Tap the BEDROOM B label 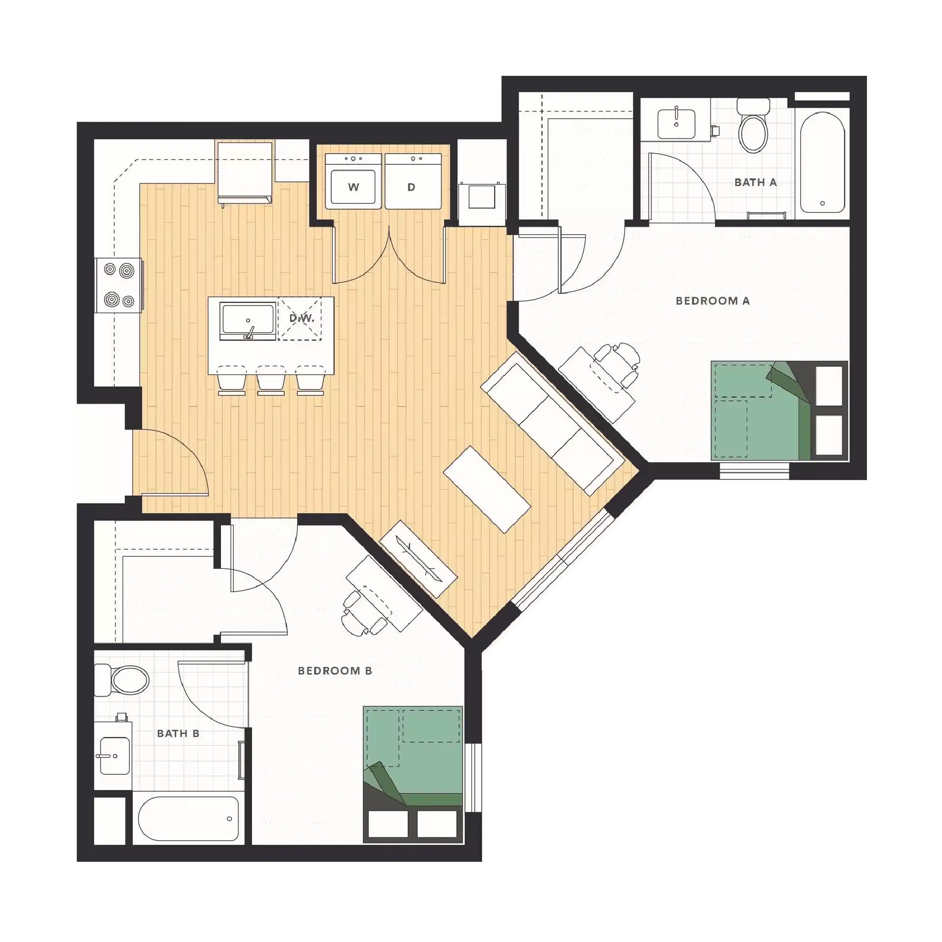[335, 671]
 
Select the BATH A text [755, 182]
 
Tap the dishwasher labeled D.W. [300, 318]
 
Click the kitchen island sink [247, 320]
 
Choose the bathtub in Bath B [188, 818]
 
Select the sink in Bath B [114, 756]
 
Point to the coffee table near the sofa [487, 488]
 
